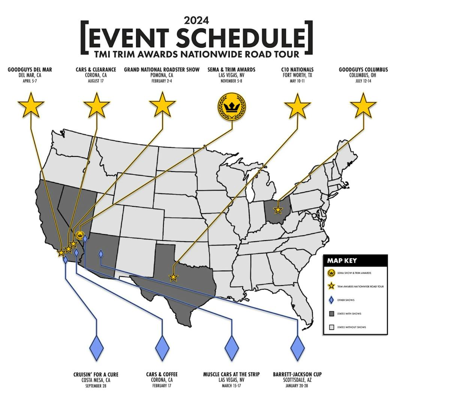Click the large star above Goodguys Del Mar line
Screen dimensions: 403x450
coord(31,105)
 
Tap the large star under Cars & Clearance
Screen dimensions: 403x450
coord(96,105)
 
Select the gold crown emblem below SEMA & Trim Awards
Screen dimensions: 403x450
coord(232,106)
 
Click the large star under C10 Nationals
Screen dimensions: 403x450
coord(297,105)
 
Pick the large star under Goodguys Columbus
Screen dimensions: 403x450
coord(363,105)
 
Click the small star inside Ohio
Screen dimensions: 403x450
coord(278,210)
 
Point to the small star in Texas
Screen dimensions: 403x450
coord(173,278)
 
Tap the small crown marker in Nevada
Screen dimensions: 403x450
coord(80,236)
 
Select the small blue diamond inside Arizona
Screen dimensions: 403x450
coord(100,254)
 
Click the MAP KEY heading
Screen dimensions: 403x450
coord(342,261)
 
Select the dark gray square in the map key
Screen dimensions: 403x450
coord(331,314)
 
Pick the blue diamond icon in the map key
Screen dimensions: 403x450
coord(331,300)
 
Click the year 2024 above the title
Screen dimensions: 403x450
coord(196,20)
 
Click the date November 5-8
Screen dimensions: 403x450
coord(231,81)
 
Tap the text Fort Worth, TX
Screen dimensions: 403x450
coord(297,75)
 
